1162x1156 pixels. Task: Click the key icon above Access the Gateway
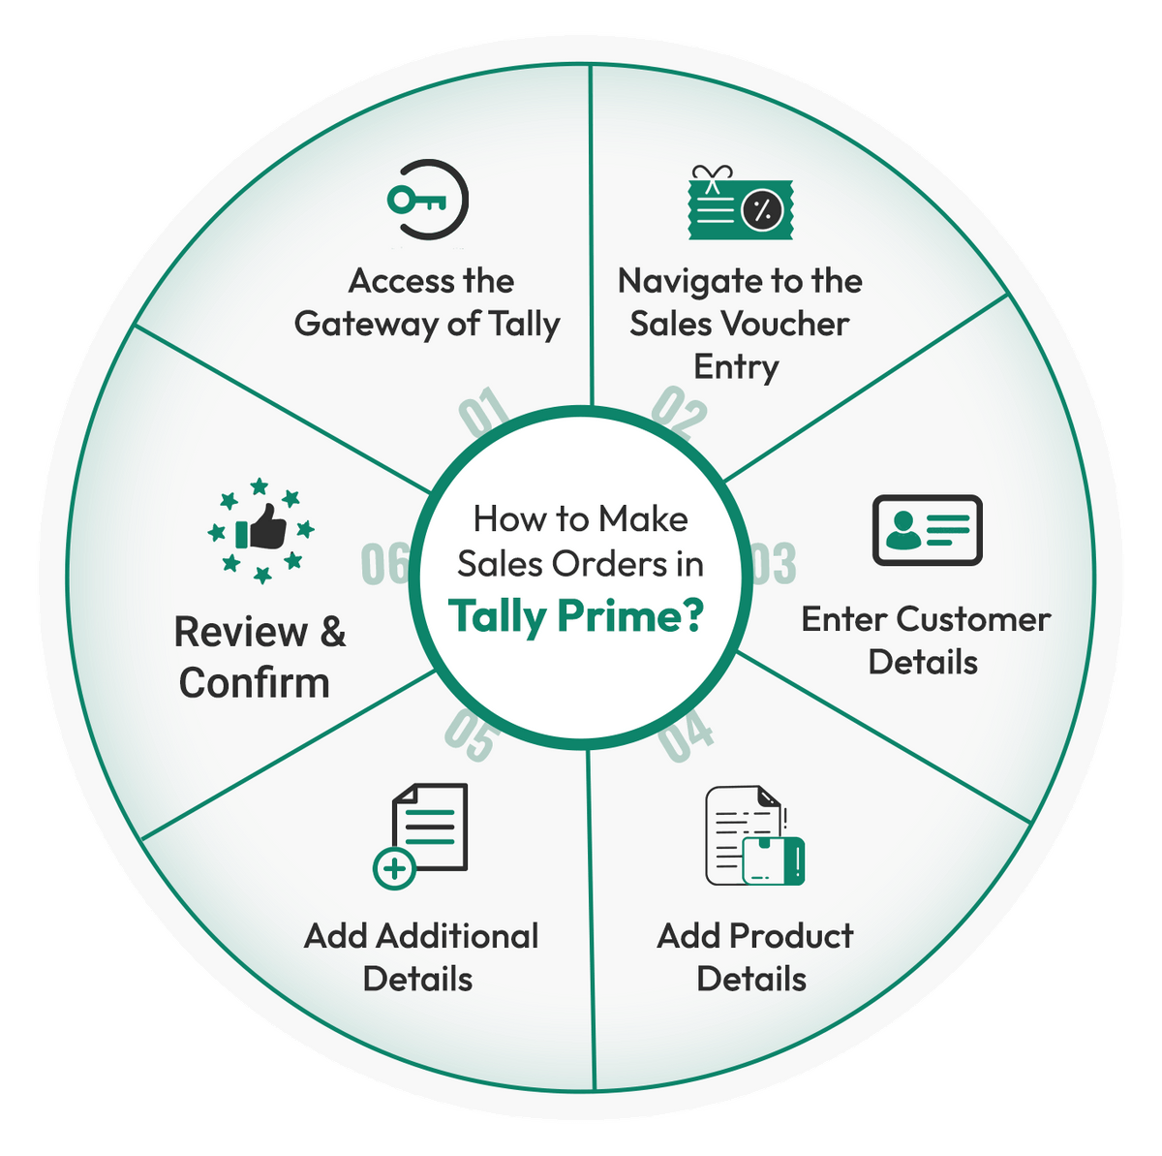click(x=417, y=201)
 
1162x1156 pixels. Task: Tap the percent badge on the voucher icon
click(x=762, y=210)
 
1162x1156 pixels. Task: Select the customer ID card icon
click(x=927, y=530)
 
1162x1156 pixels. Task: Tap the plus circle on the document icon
click(x=394, y=869)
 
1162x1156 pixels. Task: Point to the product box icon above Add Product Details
click(x=774, y=860)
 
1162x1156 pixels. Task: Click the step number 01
click(x=484, y=411)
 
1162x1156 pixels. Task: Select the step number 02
click(x=680, y=412)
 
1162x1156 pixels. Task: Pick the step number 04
click(x=686, y=735)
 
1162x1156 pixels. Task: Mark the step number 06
click(x=385, y=564)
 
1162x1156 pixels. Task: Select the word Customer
click(x=973, y=619)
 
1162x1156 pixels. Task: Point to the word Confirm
click(x=255, y=683)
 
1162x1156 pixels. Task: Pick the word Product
click(x=791, y=936)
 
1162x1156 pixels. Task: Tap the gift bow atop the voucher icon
click(x=712, y=177)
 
